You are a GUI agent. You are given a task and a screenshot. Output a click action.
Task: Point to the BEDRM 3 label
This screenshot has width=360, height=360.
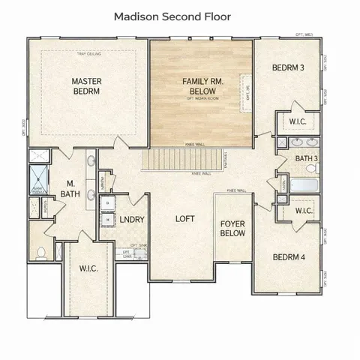pos(288,68)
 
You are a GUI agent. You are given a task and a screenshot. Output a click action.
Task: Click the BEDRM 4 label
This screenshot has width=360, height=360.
pos(288,258)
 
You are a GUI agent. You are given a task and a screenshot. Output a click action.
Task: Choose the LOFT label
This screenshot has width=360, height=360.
pos(185,219)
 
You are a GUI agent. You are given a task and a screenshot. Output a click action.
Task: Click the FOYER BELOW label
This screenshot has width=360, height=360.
pos(232,228)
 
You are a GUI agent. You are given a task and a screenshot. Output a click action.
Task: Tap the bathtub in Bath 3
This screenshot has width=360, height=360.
pos(303,185)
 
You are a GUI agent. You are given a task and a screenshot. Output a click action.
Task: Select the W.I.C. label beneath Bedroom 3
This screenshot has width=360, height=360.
pos(295,121)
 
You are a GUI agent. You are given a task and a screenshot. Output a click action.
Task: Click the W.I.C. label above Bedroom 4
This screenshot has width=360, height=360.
pos(303,211)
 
